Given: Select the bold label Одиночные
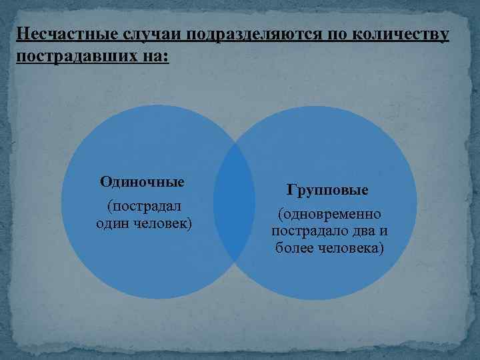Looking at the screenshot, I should coord(142,181).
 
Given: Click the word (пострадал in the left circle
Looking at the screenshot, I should coord(142,204).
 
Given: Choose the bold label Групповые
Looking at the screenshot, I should coord(327,190).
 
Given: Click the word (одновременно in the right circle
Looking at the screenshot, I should coord(330,214).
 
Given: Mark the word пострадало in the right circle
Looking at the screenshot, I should coord(304,231).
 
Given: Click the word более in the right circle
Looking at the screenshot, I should coord(293,249).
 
